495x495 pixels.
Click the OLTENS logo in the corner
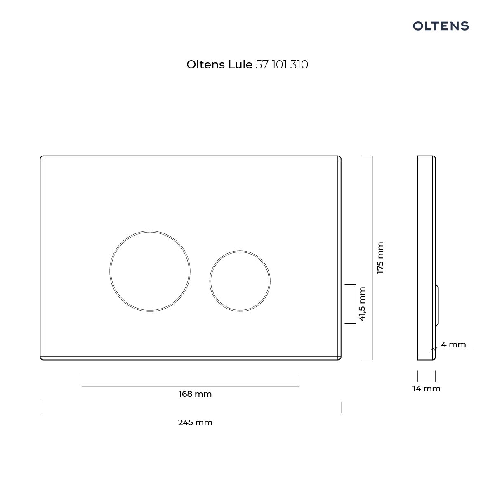[x=441, y=26]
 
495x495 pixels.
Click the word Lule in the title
[x=240, y=64]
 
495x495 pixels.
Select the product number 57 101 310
[x=282, y=64]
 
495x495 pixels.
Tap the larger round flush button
[x=150, y=271]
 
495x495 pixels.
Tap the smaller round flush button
[x=240, y=281]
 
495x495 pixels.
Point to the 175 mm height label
[x=380, y=258]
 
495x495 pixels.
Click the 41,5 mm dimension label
[x=362, y=304]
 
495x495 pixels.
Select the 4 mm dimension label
[x=453, y=344]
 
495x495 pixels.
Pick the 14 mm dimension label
[x=427, y=389]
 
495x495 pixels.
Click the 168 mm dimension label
[x=195, y=394]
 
